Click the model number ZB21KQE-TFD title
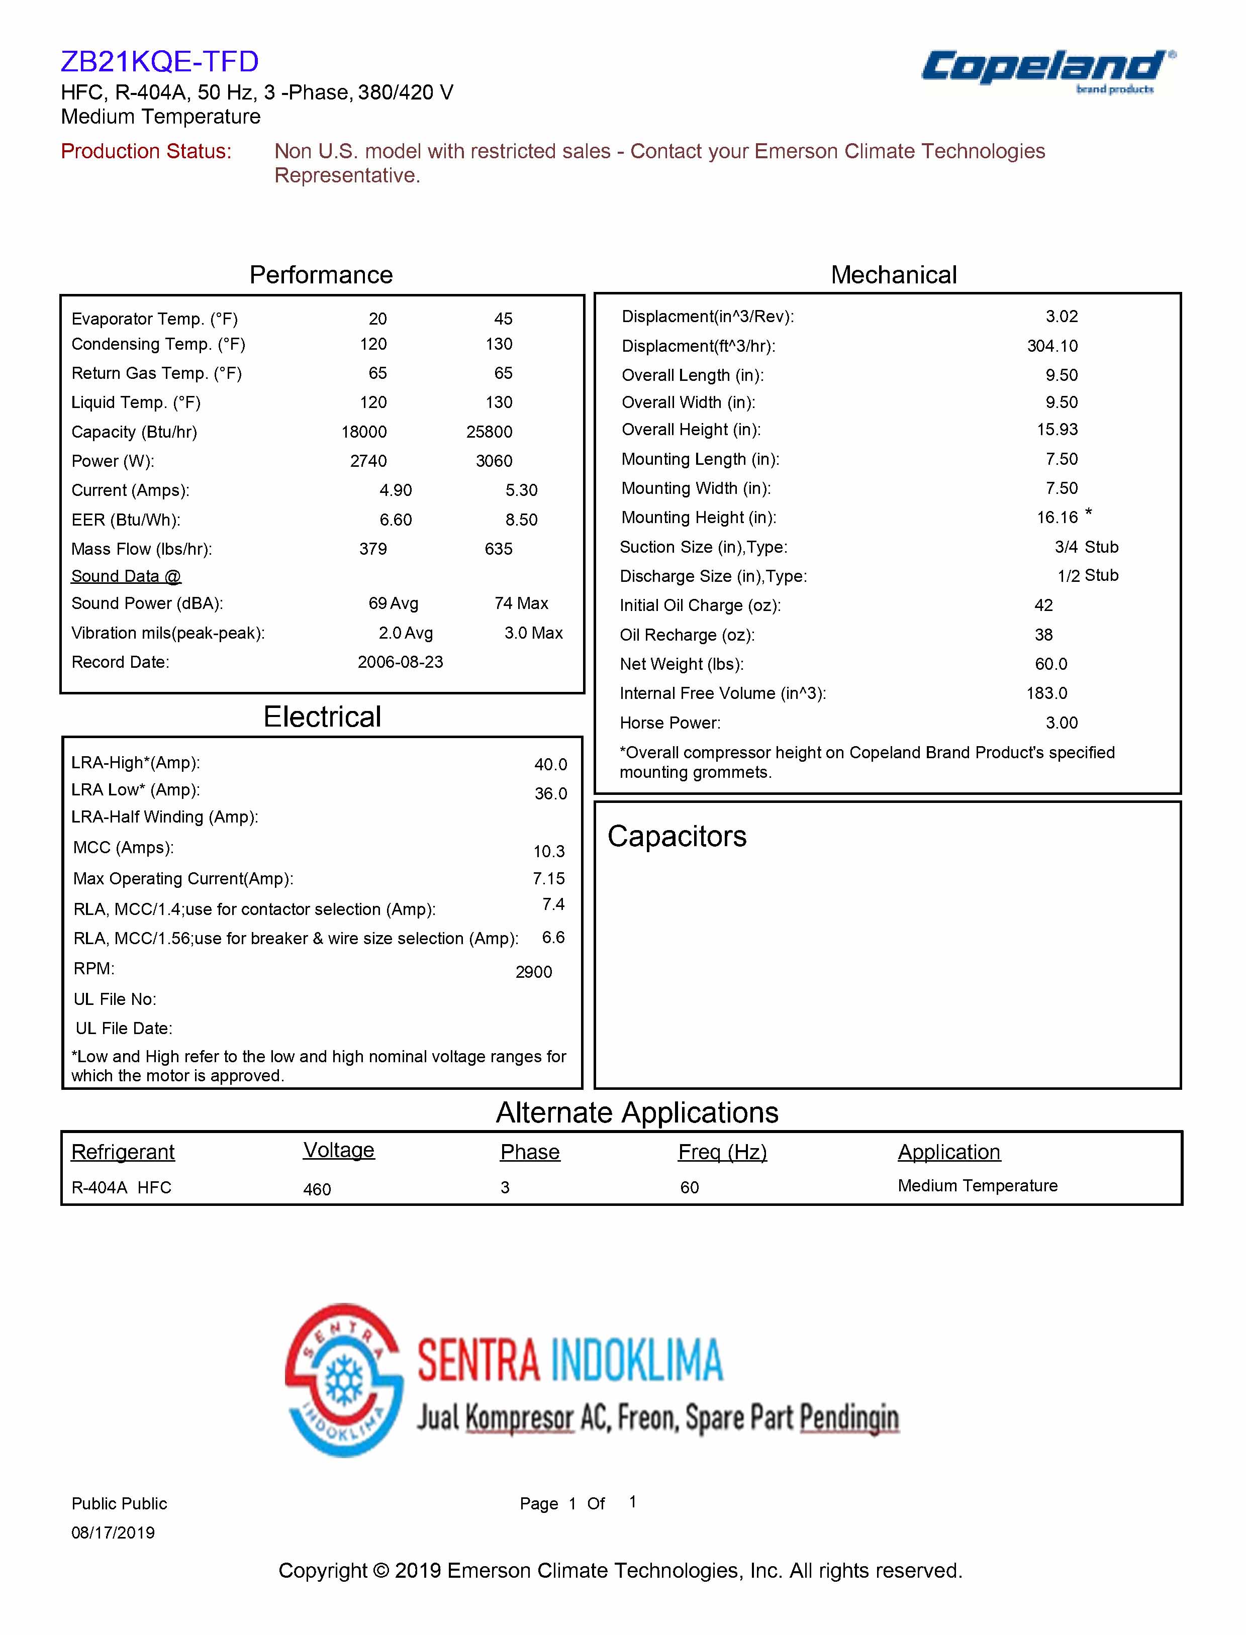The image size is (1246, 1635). tap(159, 61)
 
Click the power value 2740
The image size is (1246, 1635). tap(368, 461)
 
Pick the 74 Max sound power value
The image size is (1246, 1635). tap(521, 603)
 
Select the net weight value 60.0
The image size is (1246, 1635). tap(1051, 664)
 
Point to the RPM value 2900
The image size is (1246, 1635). tap(533, 972)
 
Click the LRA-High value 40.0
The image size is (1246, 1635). tap(550, 764)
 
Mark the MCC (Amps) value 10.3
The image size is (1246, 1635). tap(549, 851)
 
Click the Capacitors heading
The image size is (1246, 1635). tap(677, 837)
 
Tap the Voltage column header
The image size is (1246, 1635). tap(339, 1150)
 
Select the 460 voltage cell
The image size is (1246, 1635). tap(317, 1189)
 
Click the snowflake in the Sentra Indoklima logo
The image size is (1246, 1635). tap(344, 1381)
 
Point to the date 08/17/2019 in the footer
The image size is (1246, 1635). tap(113, 1532)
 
